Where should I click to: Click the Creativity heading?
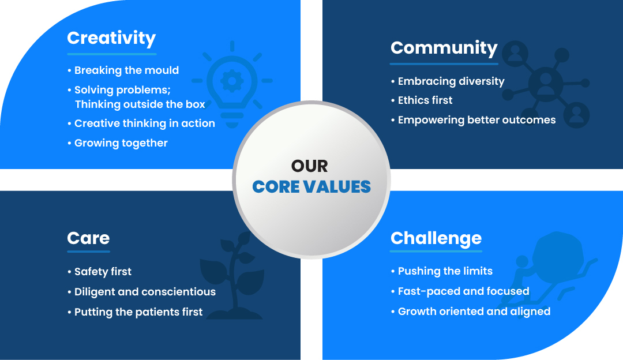pyautogui.click(x=111, y=39)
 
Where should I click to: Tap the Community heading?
pyautogui.click(x=444, y=48)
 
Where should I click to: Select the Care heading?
pyautogui.click(x=88, y=238)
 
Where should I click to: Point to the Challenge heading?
pyautogui.click(x=436, y=238)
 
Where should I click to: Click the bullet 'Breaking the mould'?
pyautogui.click(x=123, y=70)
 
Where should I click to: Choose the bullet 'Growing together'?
pyautogui.click(x=118, y=143)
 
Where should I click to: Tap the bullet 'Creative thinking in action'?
pyautogui.click(x=141, y=123)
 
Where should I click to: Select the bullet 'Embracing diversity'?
pyautogui.click(x=448, y=81)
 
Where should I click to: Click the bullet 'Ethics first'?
pyautogui.click(x=422, y=100)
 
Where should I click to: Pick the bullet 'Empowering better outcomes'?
pyautogui.click(x=473, y=120)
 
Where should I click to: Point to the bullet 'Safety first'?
pyautogui.click(x=99, y=272)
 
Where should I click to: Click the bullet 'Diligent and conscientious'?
pyautogui.click(x=141, y=292)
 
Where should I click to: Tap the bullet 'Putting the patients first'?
pyautogui.click(x=135, y=312)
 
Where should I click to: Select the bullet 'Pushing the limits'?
pyautogui.click(x=442, y=271)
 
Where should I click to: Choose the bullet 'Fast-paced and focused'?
pyautogui.click(x=460, y=291)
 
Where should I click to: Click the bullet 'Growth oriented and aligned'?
pyautogui.click(x=471, y=312)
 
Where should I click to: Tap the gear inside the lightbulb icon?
pyautogui.click(x=232, y=81)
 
